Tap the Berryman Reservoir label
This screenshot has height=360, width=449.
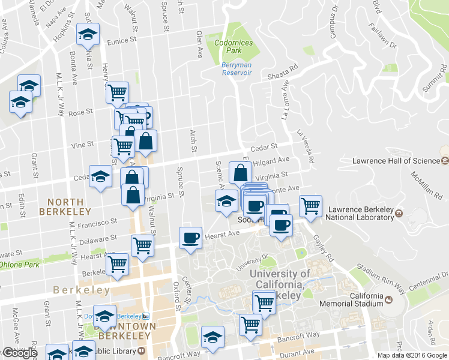tap(237, 68)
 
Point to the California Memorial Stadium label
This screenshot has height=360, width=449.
tap(358, 300)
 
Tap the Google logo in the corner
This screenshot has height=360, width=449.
tap(19, 353)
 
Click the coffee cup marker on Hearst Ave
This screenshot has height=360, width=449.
tap(191, 238)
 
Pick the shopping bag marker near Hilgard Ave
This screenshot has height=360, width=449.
tap(240, 173)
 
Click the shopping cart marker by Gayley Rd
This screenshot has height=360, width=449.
tap(310, 206)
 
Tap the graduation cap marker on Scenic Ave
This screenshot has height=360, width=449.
tap(226, 201)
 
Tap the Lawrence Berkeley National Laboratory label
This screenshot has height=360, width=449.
tap(359, 214)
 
